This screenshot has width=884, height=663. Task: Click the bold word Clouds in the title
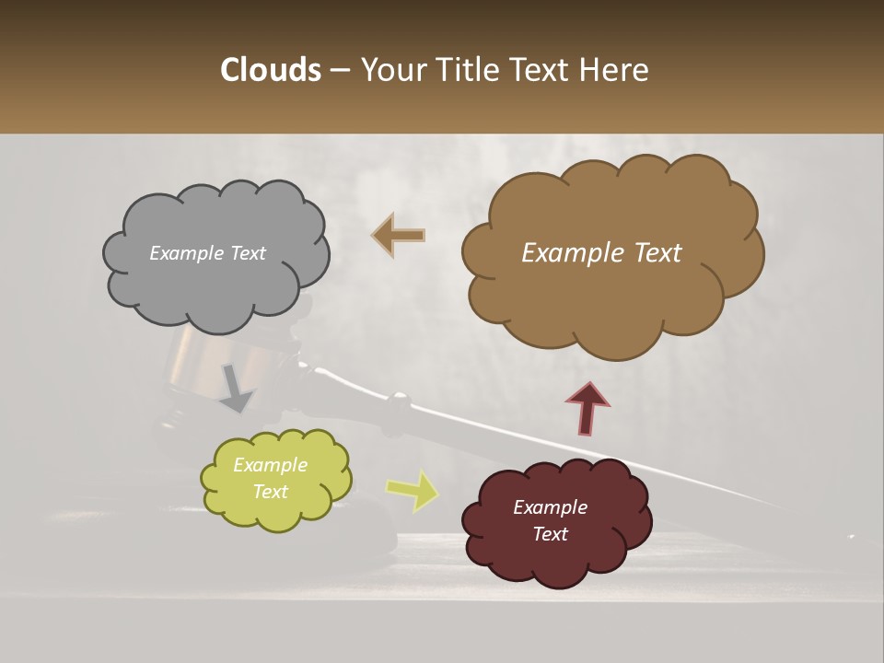coord(270,70)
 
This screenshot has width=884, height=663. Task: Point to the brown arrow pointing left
coord(399,235)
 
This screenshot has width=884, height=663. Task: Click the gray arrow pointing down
coord(237,387)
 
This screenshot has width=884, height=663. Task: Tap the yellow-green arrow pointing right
coord(412,490)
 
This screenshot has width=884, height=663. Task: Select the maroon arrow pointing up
coord(587,408)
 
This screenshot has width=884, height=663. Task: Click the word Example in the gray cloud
coord(186,253)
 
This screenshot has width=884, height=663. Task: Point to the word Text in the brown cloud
coord(652,253)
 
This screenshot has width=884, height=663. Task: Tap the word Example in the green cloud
coord(270,465)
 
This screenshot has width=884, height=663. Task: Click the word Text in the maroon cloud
coord(550,534)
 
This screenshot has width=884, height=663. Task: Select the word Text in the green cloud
coord(270,492)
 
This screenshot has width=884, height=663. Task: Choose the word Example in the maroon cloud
coord(550,507)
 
